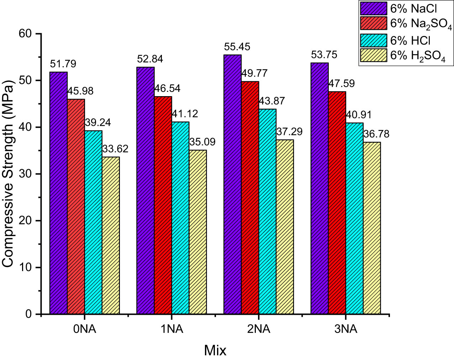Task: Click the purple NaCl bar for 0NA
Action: [58, 193]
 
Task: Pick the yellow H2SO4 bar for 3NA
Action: [372, 228]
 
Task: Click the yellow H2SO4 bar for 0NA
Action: [111, 235]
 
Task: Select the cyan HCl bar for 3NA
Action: [354, 218]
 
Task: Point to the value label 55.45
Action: [237, 47]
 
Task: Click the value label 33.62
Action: [115, 149]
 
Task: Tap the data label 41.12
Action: [185, 114]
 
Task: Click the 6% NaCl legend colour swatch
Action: [374, 9]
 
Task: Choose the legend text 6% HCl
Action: [410, 41]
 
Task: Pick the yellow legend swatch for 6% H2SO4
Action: [374, 56]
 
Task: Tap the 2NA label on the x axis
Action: [259, 329]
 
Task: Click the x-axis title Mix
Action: [215, 350]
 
